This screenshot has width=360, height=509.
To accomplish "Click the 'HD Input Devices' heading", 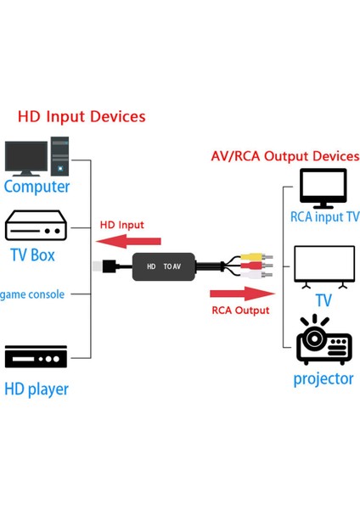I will [x=82, y=117].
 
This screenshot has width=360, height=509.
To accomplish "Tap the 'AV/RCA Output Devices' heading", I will [x=284, y=157].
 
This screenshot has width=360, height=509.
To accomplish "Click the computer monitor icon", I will [x=26, y=159].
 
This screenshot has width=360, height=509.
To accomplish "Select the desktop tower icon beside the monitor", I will [x=59, y=156].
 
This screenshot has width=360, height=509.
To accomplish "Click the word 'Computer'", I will [x=37, y=187].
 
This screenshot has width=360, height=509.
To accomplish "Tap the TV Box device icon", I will [x=36, y=227].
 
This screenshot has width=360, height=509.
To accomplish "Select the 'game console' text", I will [x=32, y=294].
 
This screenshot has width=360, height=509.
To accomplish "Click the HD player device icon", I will [x=36, y=356].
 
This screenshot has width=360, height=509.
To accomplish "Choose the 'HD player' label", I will [x=37, y=389].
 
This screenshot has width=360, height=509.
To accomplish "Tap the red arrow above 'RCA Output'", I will [x=242, y=294].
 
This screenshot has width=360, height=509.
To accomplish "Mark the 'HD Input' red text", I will [x=122, y=225].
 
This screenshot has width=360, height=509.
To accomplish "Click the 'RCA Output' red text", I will [x=240, y=310].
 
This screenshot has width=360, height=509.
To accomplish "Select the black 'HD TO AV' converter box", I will [x=163, y=266].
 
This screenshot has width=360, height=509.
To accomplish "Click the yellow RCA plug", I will [x=251, y=257].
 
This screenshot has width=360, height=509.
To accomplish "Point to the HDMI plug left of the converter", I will [x=110, y=266].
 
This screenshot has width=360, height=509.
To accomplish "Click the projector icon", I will [x=323, y=341].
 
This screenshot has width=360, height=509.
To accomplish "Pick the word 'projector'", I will [x=323, y=378].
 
